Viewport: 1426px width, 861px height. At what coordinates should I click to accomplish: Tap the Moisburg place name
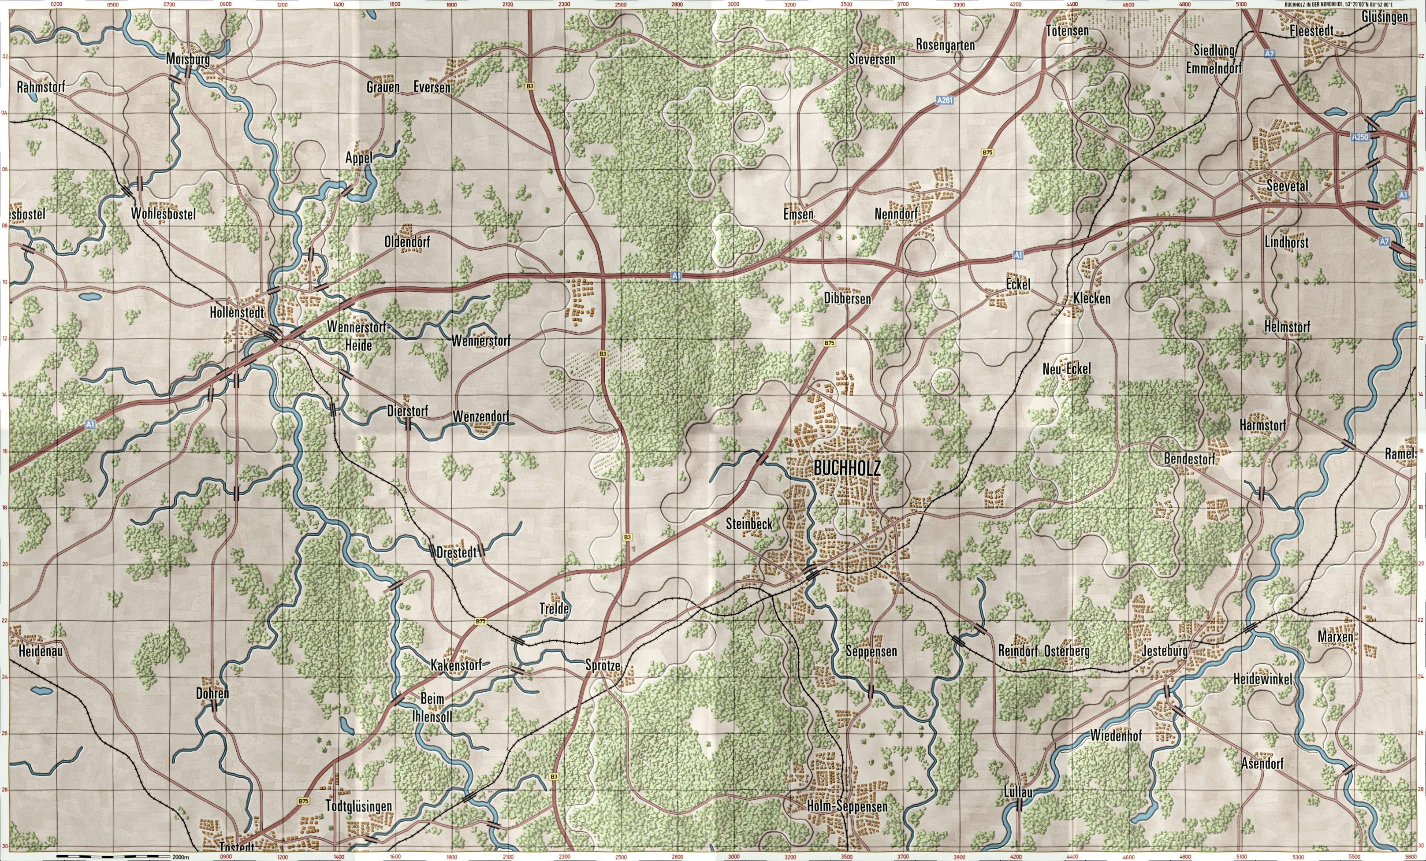187,59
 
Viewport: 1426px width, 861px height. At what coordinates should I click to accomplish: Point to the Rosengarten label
945,45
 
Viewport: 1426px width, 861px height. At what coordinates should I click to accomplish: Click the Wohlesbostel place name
163,214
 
